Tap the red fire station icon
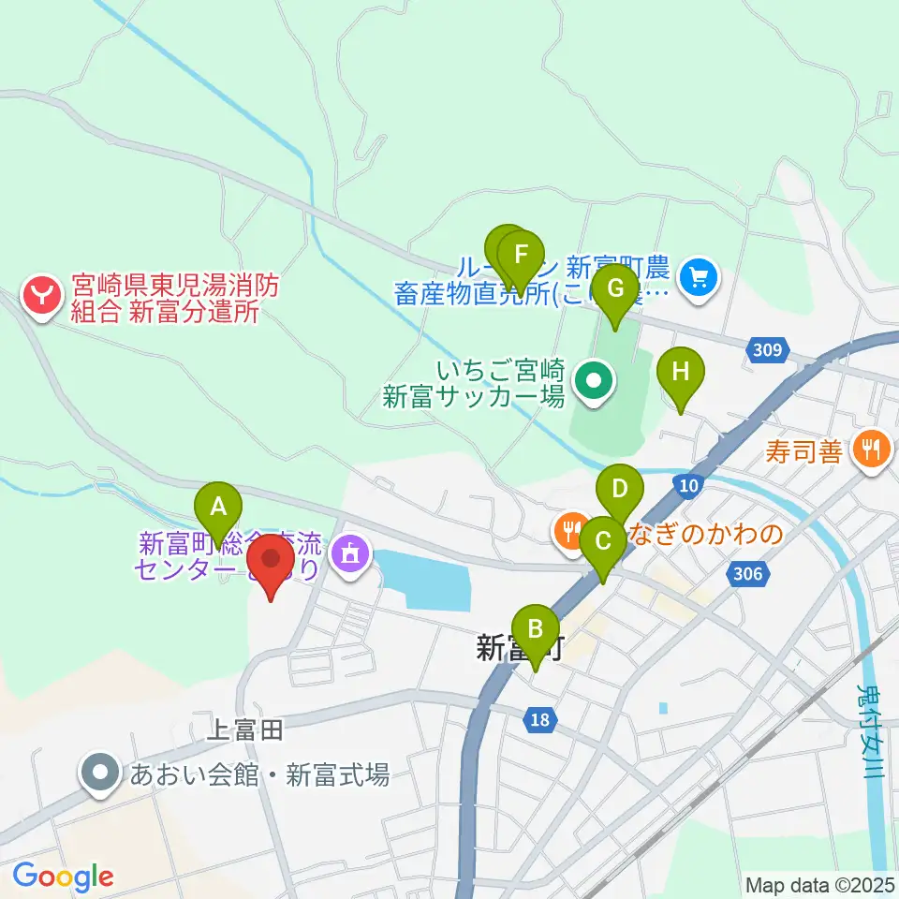point(42,299)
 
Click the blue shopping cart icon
point(698,276)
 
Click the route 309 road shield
point(766,350)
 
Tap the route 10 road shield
point(686,484)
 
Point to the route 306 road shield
point(755,574)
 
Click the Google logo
point(63,877)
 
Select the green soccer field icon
point(594,381)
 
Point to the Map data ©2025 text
point(818,884)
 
